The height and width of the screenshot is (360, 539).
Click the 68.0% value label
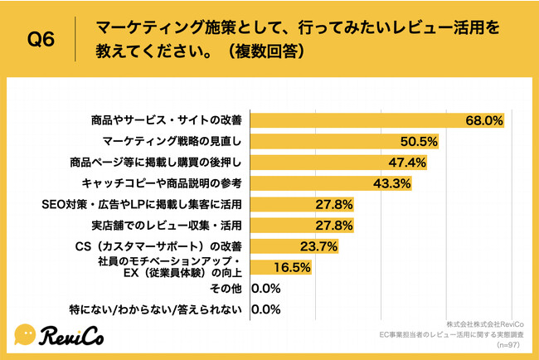[486, 120]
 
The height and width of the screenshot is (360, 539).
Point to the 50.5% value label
[420, 142]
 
